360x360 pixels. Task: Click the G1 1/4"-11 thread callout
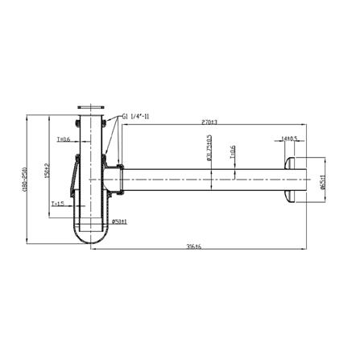tap(141, 118)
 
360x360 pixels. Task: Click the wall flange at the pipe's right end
tap(293, 177)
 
